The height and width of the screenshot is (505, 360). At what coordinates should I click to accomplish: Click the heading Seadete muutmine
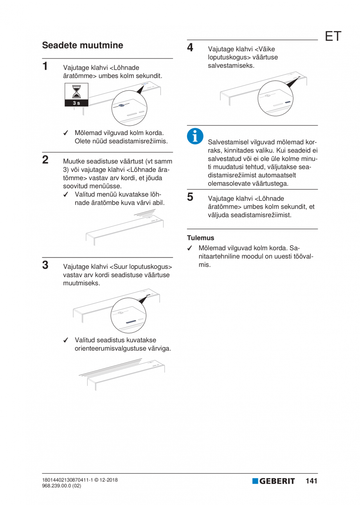[x=82, y=45]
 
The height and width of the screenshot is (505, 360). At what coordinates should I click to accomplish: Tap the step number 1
[x=45, y=65]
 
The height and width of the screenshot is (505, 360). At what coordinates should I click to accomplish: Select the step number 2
[x=45, y=159]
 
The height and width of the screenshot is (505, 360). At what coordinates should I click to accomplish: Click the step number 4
[x=190, y=47]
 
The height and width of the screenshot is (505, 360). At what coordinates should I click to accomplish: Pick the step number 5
[x=190, y=197]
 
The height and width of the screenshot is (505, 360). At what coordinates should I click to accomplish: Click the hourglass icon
[x=76, y=92]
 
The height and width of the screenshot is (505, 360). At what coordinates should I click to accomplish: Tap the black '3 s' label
[x=76, y=103]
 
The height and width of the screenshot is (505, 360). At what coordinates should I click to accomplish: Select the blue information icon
[x=194, y=135]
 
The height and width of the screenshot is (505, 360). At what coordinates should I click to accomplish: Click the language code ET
[x=333, y=36]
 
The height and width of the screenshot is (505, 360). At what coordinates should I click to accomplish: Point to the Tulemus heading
[x=200, y=238]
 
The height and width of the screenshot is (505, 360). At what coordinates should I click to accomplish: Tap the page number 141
[x=311, y=481]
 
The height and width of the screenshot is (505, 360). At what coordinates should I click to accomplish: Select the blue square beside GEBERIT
[x=255, y=481]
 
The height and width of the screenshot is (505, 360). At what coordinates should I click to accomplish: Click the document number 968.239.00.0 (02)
[x=61, y=485]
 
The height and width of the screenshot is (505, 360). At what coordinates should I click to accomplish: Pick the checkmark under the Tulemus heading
[x=190, y=248]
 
